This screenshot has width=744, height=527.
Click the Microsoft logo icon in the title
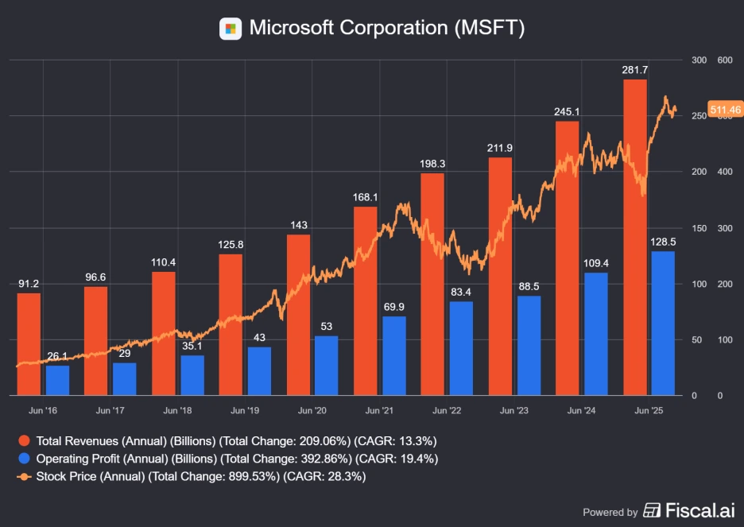pos(231,29)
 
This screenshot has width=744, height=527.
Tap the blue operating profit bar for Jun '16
pos(57,380)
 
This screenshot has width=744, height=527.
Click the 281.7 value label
pos(635,71)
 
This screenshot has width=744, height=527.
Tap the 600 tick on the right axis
pos(724,60)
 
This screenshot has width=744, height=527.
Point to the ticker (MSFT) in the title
pos(489,28)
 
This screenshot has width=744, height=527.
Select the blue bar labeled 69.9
pos(393,355)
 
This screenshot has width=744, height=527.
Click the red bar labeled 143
pos(298,315)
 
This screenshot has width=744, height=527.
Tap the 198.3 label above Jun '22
pos(432,164)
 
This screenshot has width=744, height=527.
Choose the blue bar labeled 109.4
pos(595,334)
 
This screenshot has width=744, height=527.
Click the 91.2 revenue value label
pos(29,284)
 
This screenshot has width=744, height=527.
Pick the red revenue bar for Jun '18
pos(163,333)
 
